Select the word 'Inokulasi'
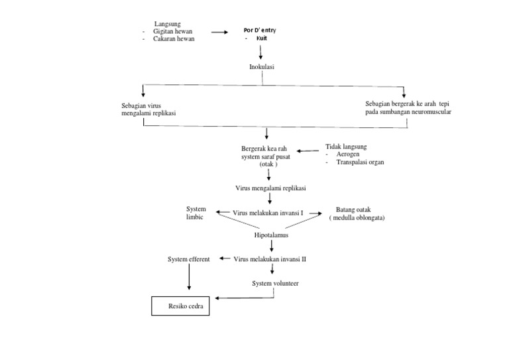tap(261, 67)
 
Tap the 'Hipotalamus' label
tap(272, 235)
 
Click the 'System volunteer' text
tap(275, 283)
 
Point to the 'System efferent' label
tap(189, 259)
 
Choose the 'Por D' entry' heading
tap(260, 30)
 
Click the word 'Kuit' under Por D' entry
tap(262, 38)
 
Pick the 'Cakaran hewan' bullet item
tap(174, 39)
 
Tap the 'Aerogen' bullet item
tap(349, 154)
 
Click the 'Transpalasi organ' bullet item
tap(360, 162)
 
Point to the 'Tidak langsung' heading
tap(346, 146)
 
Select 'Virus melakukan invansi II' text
tap(270, 259)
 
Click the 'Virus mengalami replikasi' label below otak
tap(270, 188)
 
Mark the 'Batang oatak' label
tap(353, 210)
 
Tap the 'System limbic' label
tap(196, 213)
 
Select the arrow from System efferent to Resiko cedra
tap(189, 277)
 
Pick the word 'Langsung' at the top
tap(168, 24)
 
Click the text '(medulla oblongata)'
tap(358, 217)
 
